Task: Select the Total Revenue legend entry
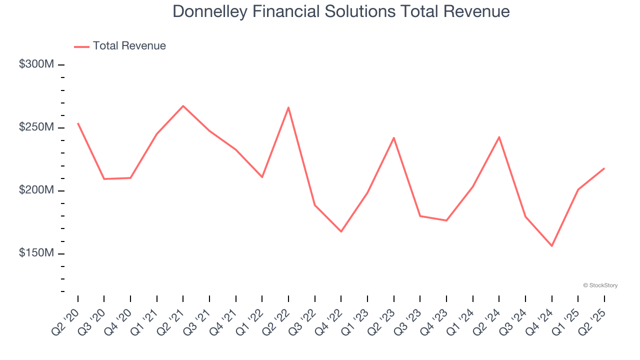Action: (120, 46)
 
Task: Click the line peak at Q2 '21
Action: (183, 106)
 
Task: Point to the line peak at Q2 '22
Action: (288, 107)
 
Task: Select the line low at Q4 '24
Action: (552, 246)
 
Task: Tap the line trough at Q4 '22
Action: (341, 231)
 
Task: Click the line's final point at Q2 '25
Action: (604, 168)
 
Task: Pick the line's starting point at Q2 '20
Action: (78, 123)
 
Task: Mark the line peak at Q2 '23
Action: (394, 138)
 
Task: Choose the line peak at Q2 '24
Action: (499, 137)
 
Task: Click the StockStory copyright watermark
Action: (600, 285)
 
